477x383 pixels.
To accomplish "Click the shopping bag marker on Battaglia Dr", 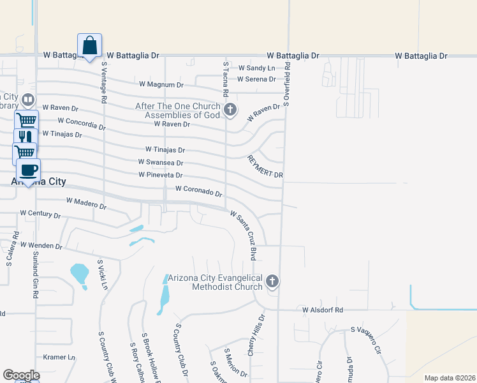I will [x=90, y=46].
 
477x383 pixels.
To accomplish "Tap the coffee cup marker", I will [x=28, y=170].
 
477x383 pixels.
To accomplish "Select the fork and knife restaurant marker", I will [x=26, y=139].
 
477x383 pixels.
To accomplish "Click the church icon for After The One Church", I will [x=230, y=110].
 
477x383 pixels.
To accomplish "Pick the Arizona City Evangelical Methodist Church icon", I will [x=272, y=281].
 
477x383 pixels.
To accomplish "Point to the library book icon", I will [x=28, y=100].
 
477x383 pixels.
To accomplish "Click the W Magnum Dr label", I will [x=161, y=84].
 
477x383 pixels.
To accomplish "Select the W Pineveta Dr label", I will [x=161, y=175].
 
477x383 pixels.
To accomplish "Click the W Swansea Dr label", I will [x=161, y=163].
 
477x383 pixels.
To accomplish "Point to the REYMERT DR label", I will [x=265, y=166].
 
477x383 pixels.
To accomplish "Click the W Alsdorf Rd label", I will [x=323, y=310].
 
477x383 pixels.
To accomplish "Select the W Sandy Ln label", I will [x=257, y=68].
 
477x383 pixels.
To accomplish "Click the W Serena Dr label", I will [x=256, y=79].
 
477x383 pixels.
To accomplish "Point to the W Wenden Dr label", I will [x=41, y=245].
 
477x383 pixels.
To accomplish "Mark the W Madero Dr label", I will [x=86, y=204].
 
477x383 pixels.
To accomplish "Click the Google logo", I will [x=21, y=375].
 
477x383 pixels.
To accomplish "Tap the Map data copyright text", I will [x=449, y=378].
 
